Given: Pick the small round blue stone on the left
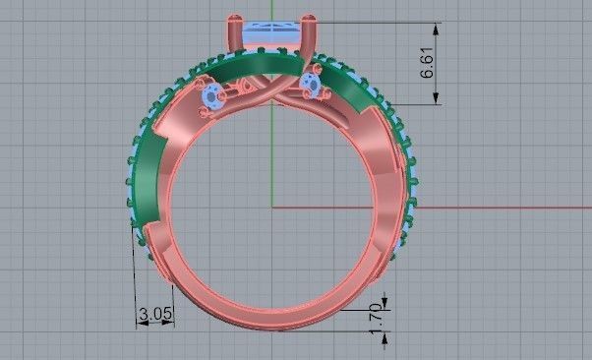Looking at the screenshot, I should (x=212, y=96).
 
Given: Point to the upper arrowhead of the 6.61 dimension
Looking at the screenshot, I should (x=435, y=27).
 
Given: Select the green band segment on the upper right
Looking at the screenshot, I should (x=347, y=87).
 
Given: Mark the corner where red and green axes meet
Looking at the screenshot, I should (x=271, y=208).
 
